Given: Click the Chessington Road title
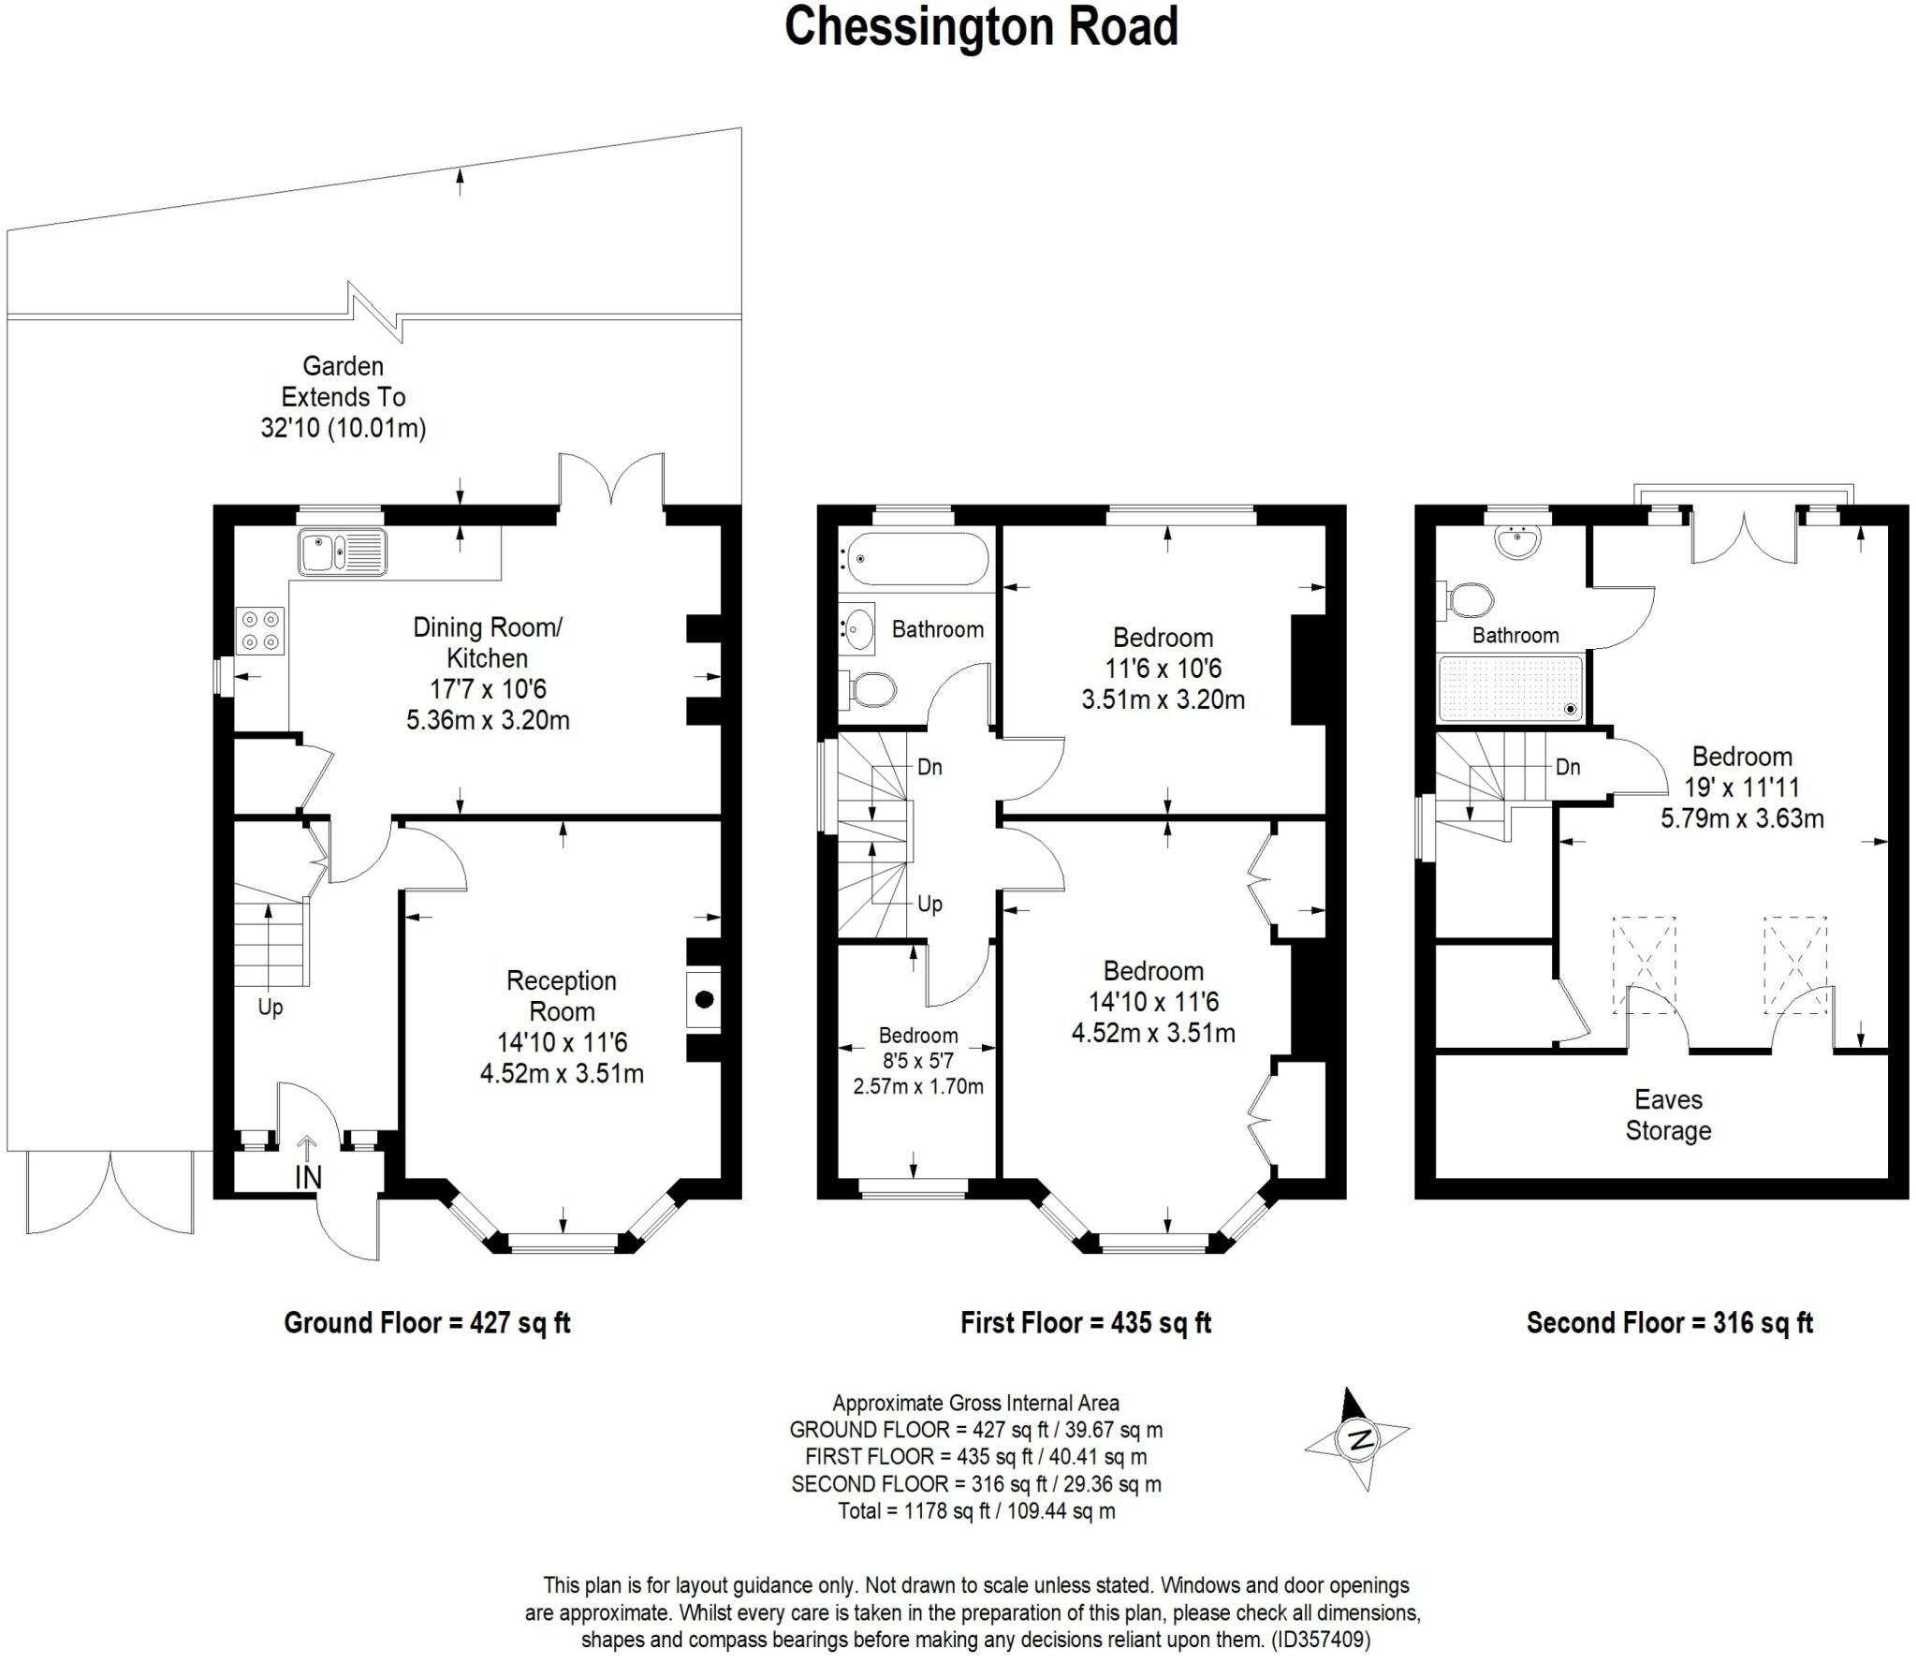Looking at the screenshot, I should click(x=980, y=26).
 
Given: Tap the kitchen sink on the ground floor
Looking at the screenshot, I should click(x=342, y=552).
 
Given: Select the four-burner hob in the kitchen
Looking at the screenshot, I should click(x=260, y=630).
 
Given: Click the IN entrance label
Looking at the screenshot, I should click(x=308, y=1177).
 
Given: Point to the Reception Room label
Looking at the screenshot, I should click(x=562, y=995).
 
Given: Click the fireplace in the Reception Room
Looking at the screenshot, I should click(x=703, y=1000).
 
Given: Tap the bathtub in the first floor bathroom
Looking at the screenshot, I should click(x=914, y=559).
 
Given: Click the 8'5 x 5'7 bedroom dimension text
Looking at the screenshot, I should click(x=917, y=1061).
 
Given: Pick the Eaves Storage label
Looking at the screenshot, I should click(x=1668, y=1114).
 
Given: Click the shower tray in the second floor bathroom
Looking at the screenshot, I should click(x=1511, y=688).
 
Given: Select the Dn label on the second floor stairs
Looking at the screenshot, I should click(x=1568, y=767).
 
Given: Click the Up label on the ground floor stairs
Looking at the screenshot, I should click(x=270, y=1008).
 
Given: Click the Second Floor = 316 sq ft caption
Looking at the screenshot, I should click(x=1669, y=1323).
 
